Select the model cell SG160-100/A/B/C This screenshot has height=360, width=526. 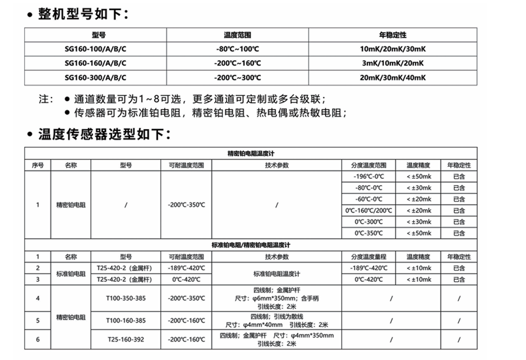(95, 49)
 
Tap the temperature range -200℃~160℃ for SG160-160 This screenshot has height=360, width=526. (237, 63)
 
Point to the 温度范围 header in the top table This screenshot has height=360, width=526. (237, 35)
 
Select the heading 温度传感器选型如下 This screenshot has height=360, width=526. (104, 134)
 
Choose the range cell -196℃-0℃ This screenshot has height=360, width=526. (369, 177)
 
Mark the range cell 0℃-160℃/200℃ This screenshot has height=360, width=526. (369, 211)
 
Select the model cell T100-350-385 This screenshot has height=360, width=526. (126, 298)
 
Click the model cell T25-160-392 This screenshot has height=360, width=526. (126, 339)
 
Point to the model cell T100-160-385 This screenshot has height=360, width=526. (126, 321)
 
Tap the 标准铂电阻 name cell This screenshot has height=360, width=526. (70, 274)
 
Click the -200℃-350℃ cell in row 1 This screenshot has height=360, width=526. (186, 205)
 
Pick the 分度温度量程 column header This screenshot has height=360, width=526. (369, 257)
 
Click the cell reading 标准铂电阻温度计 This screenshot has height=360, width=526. (277, 274)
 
